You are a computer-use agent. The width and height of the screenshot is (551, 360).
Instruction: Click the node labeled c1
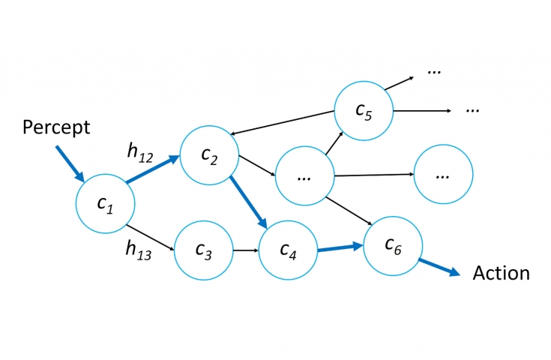106,203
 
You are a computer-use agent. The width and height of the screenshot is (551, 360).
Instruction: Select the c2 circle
209,155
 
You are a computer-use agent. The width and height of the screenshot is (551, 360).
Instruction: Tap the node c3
204,250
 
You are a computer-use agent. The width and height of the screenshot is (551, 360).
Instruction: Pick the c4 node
288,250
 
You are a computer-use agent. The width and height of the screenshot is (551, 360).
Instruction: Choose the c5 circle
364,110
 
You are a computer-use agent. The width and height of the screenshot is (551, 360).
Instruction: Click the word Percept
56,127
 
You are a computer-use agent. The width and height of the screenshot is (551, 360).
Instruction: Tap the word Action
501,273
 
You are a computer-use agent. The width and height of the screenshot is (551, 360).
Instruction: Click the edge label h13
139,253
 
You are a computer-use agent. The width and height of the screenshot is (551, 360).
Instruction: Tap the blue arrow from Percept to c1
70,163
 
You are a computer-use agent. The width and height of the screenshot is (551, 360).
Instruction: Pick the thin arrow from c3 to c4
246,250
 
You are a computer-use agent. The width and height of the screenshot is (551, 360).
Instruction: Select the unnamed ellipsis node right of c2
304,176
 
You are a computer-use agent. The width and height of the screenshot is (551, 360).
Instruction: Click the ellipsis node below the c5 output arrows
443,174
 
